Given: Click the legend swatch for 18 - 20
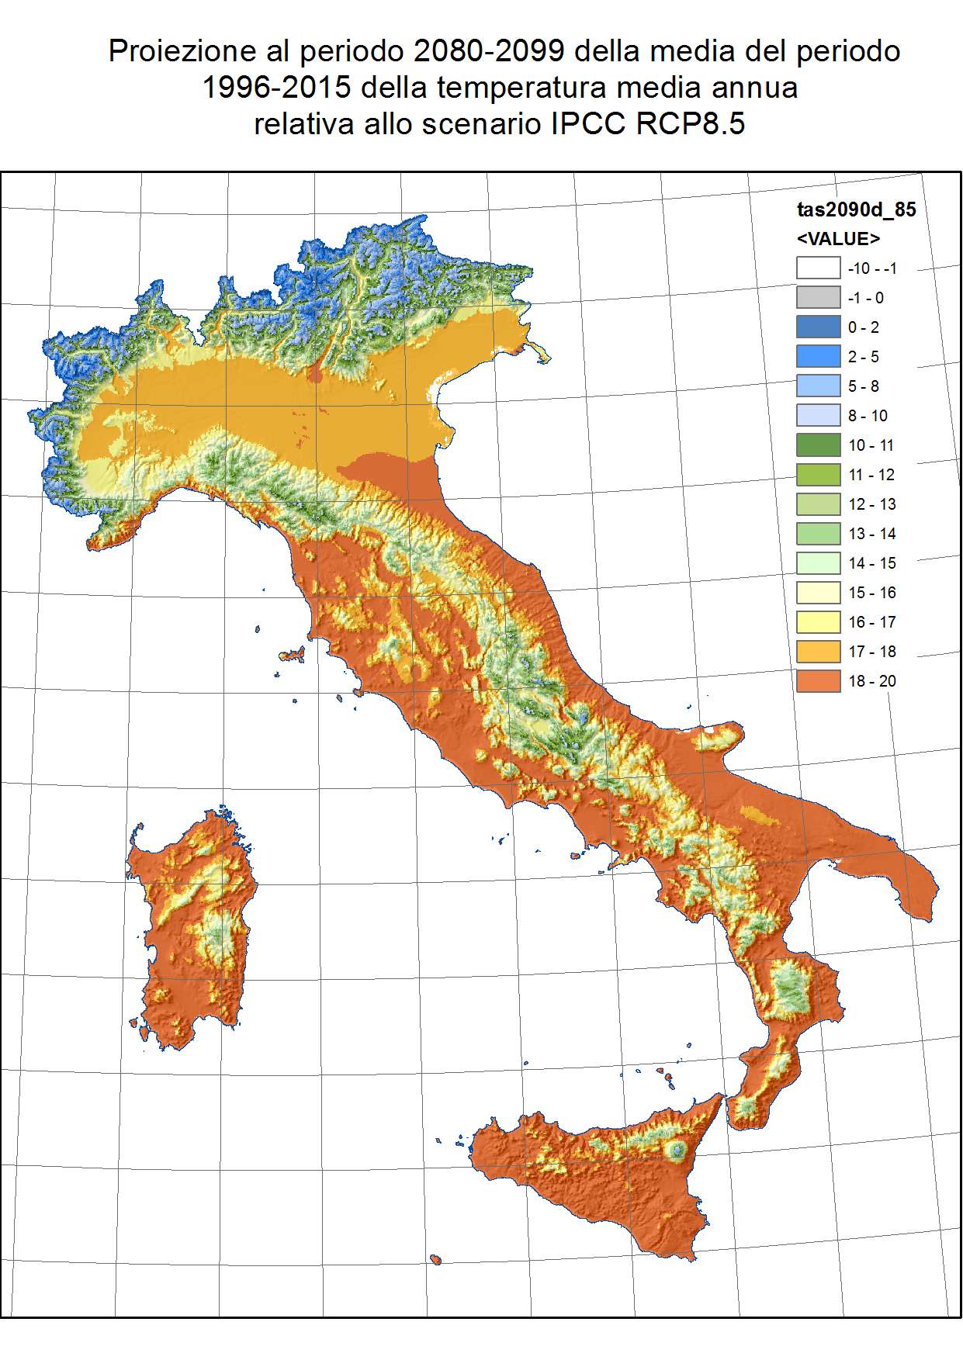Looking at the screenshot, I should (818, 680).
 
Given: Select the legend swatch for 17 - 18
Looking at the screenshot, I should (818, 651).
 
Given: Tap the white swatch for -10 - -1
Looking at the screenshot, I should (818, 268).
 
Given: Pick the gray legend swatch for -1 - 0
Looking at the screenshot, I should (818, 297).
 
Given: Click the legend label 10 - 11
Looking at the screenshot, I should (871, 445).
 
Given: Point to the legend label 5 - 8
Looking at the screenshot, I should (863, 386).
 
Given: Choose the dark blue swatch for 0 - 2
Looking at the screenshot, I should (818, 327).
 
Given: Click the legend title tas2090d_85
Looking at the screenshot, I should (856, 209).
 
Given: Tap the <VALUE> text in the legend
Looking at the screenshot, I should (838, 238).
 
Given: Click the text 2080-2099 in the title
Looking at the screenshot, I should (489, 51).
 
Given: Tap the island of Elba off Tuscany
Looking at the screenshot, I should (292, 655).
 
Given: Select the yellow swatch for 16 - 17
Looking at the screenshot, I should (818, 621).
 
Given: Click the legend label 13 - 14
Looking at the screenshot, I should (871, 534).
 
